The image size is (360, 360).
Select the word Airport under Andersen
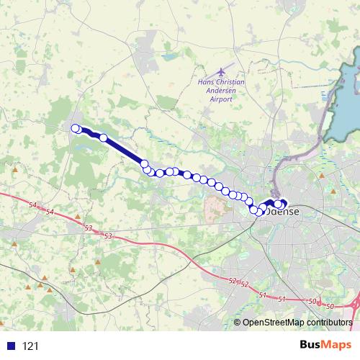click(x=222, y=99)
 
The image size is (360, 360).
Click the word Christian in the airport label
click(x=231, y=82)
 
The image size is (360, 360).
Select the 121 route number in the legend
click(x=30, y=346)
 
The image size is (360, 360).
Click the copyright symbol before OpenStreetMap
click(x=238, y=322)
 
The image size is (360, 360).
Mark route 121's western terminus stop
click(x=75, y=128)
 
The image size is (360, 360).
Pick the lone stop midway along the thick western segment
click(x=104, y=138)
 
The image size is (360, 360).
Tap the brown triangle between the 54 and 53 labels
click(x=77, y=216)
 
